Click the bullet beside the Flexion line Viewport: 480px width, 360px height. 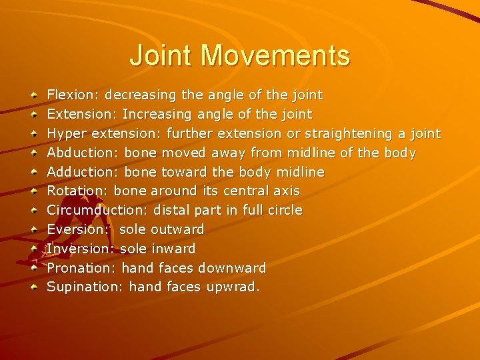[x=34, y=96]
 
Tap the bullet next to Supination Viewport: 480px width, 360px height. [x=34, y=288]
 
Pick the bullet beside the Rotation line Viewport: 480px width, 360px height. [x=34, y=192]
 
